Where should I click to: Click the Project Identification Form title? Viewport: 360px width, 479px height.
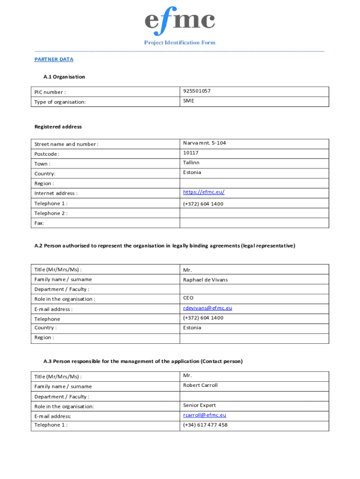point(180,43)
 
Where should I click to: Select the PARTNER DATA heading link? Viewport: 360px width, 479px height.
point(54,59)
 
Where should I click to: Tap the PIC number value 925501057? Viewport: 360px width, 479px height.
point(197,91)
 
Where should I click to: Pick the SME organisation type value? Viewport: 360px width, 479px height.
point(188,101)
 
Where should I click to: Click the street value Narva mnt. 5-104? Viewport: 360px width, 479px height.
point(204,143)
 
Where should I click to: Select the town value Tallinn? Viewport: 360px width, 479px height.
point(191,162)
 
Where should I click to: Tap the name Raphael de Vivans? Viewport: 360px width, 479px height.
point(205,280)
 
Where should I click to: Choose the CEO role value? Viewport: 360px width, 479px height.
point(188,298)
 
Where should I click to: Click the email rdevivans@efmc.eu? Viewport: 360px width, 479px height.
point(208,308)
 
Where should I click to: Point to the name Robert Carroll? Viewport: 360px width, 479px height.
point(200,385)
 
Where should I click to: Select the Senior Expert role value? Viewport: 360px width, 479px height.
point(199,405)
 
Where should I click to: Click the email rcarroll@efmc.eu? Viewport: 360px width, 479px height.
point(205,415)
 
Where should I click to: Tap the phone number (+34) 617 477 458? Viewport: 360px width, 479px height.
point(205,425)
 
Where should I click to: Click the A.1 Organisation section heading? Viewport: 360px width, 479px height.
point(64,77)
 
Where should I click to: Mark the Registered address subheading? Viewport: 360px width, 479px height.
point(58,127)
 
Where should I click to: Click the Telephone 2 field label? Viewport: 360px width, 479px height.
point(50,213)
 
